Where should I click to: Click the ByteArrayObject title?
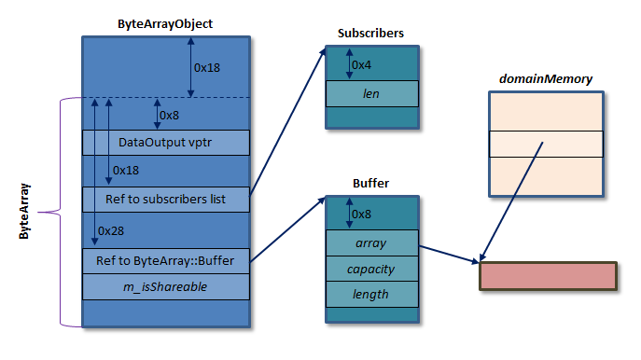pos(166,23)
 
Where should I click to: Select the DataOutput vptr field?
pos(166,143)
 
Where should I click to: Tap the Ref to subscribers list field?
pos(166,199)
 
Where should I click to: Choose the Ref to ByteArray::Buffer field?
pos(166,260)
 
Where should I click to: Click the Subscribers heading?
pos(370,34)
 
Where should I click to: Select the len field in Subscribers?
pos(371,94)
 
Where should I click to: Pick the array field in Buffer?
pos(370,242)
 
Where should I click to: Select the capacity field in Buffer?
pos(370,269)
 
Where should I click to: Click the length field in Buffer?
pos(370,294)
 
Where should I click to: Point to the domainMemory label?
pos(545,79)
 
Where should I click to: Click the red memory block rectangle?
pos(548,277)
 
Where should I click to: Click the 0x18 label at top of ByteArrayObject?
pos(207,67)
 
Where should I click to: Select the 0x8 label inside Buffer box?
pos(362,214)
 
